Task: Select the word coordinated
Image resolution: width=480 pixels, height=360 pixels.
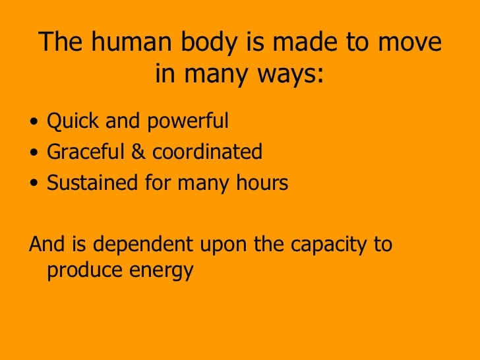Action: point(207,152)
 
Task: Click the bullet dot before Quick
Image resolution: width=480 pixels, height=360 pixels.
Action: point(34,123)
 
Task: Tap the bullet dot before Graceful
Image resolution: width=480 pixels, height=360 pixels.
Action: point(34,154)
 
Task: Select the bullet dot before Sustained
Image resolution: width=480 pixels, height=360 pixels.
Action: point(34,184)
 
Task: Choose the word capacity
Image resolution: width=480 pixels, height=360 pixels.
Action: point(329,246)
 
